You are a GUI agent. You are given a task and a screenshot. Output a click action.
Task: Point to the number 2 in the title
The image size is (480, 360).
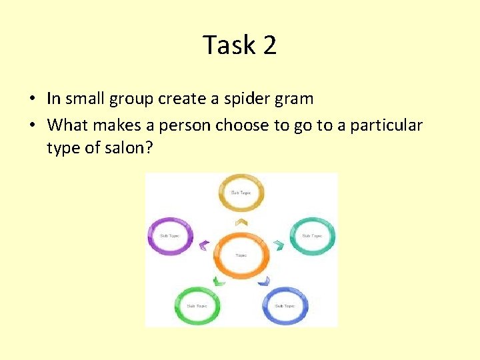point(269,45)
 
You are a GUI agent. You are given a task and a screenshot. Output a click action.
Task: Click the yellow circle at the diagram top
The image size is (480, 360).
point(241,192)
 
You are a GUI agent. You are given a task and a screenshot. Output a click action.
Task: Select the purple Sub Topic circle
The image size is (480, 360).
point(170,235)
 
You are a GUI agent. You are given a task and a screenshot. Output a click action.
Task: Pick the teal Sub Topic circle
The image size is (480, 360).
point(312,235)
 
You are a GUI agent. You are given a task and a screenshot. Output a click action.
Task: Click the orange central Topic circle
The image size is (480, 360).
point(241,255)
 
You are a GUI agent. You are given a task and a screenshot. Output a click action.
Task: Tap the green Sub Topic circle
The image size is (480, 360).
point(197,306)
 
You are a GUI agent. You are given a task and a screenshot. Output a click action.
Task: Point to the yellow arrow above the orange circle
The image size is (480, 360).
point(241,221)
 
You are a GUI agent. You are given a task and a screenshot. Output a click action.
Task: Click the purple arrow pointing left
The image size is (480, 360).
point(203,244)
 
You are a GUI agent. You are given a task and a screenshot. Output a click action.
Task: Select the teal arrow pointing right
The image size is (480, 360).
point(279,245)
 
